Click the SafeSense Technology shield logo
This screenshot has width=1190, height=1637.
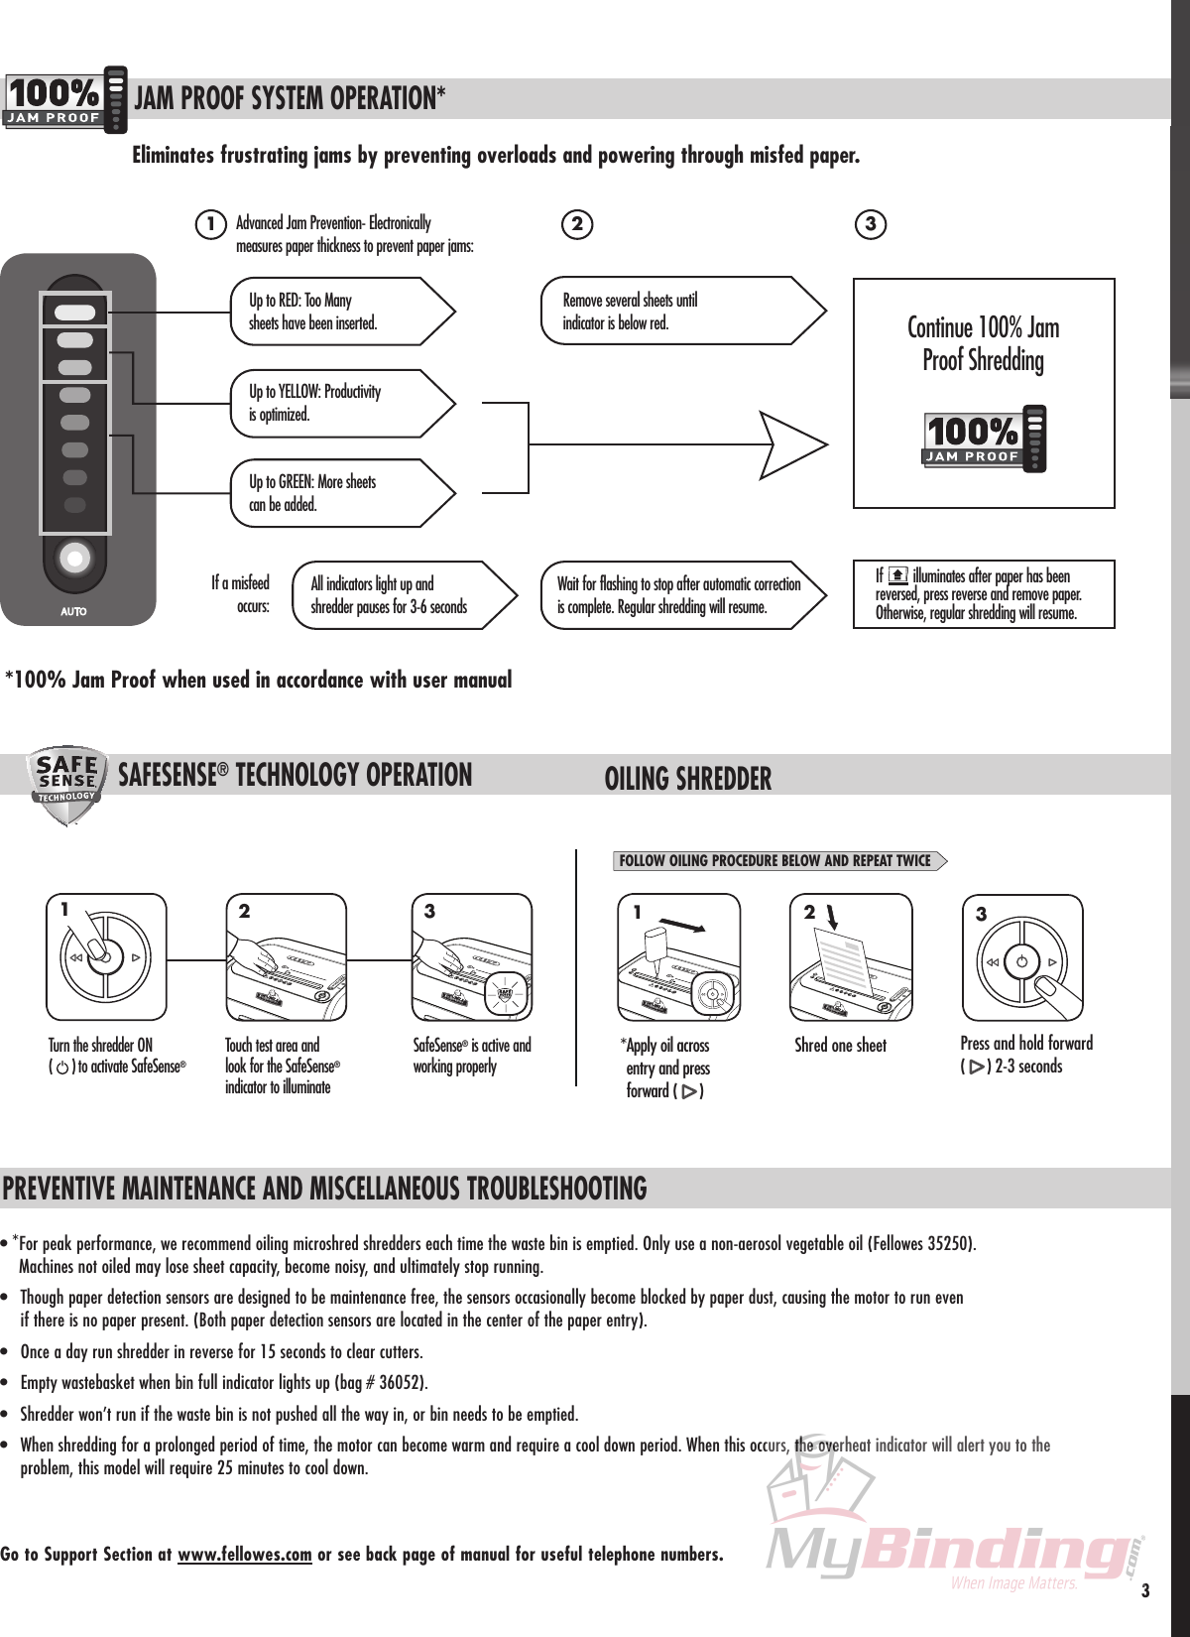click(65, 784)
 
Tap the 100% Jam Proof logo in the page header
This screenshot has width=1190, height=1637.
click(65, 99)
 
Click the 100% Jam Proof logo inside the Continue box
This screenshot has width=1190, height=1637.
click(984, 439)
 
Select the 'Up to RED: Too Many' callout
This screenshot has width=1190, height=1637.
click(337, 312)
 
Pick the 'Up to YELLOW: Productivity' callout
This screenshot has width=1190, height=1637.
click(337, 403)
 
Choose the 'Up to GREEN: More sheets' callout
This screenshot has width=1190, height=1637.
click(337, 493)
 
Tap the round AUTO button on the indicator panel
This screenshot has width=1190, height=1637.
click(74, 559)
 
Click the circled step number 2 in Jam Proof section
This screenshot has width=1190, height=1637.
click(577, 224)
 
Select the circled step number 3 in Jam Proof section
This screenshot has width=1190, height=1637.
click(870, 224)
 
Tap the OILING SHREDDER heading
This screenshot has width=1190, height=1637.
click(687, 779)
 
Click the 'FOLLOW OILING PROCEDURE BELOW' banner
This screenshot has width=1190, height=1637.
click(775, 861)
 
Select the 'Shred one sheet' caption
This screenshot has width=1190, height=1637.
click(840, 1046)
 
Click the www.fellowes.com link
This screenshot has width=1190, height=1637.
click(244, 1555)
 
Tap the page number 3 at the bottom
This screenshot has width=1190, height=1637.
click(1145, 1591)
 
